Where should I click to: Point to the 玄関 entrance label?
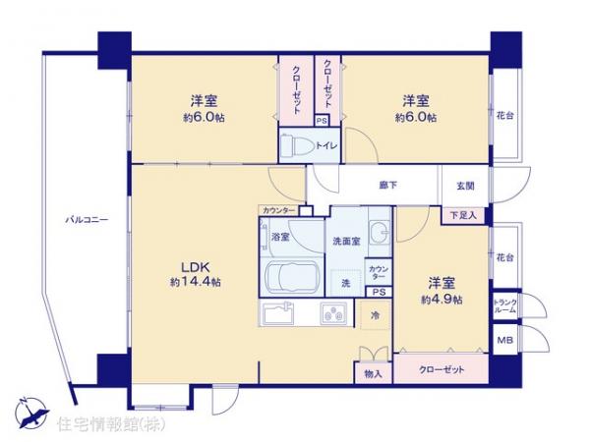[x=465, y=186]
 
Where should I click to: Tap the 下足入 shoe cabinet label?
[x=464, y=214]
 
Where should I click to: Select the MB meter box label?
[x=504, y=341]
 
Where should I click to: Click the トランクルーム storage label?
[x=504, y=306]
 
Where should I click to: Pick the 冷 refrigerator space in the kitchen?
[x=375, y=316]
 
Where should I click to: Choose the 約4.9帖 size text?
[x=442, y=300]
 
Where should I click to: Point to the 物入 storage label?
[x=373, y=372]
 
